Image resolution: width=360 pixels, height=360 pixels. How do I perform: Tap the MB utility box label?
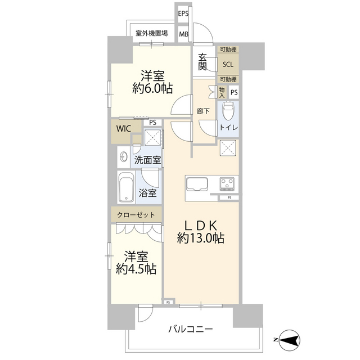click(184, 34)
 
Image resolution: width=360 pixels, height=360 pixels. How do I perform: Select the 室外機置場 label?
click(152, 33)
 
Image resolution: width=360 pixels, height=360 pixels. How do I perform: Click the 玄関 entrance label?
click(203, 64)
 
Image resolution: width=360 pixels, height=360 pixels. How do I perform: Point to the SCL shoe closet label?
click(228, 64)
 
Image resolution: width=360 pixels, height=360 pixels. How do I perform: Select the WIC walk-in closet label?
click(124, 128)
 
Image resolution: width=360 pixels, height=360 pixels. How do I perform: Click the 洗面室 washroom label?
click(147, 160)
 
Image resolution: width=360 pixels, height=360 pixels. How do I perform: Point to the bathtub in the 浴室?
click(126, 187)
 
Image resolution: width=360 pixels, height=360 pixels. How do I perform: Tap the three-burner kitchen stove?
click(228, 184)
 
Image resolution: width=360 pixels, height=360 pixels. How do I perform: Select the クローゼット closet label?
click(136, 214)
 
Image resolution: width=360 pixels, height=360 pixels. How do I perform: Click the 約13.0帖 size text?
click(201, 238)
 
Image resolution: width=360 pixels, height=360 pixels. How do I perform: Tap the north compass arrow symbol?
click(287, 339)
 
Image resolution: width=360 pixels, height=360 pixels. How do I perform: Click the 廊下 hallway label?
click(203, 111)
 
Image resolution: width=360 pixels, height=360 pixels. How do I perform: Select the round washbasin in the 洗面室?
click(123, 158)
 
